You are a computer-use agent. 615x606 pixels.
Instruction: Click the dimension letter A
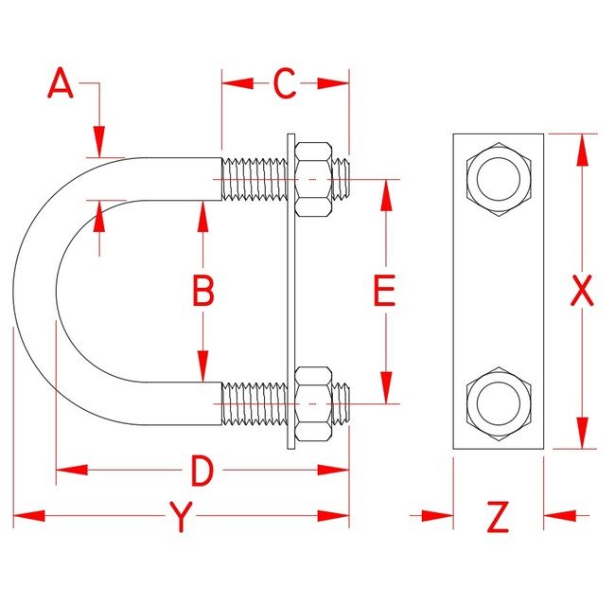coord(61,84)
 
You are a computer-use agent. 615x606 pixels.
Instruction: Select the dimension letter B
coord(202,292)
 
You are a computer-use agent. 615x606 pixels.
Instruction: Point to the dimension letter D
coord(201,470)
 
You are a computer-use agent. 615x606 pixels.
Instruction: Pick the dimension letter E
coord(383,292)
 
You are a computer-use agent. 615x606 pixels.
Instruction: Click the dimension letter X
coord(581,292)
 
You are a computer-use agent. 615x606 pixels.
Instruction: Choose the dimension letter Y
coord(180,517)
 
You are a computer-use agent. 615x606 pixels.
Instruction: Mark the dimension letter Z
coord(498,517)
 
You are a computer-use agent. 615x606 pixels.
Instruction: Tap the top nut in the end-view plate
coord(498,178)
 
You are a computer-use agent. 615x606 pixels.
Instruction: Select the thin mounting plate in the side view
coord(290,292)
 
